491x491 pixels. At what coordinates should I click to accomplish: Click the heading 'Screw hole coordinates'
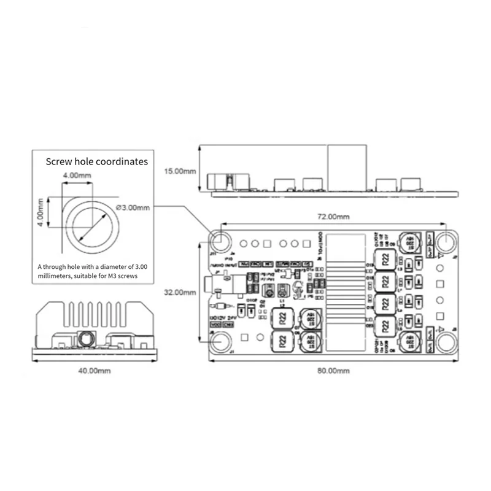[97, 162]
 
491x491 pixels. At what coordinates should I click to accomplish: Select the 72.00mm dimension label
[334, 217]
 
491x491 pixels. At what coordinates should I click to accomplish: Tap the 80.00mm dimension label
[333, 371]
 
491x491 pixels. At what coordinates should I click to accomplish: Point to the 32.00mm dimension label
[178, 292]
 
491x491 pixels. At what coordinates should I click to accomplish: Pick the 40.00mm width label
[96, 371]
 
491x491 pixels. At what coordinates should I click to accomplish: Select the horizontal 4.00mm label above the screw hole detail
[77, 176]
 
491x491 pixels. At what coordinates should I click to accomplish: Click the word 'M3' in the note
[112, 277]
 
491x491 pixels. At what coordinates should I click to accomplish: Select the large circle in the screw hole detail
[92, 225]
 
